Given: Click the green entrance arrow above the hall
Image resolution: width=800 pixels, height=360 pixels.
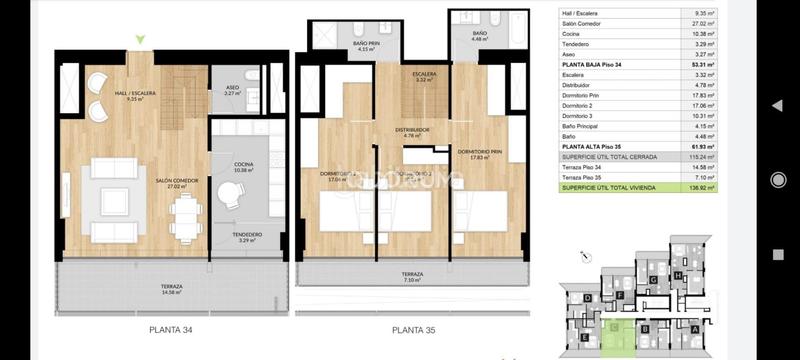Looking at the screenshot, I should tap(140, 40).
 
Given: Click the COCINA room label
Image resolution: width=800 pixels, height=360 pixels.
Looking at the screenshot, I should tap(242, 168).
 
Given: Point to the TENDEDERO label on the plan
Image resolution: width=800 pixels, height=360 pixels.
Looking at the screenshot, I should tap(247, 237).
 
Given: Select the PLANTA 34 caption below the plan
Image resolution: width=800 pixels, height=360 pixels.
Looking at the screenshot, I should tap(172, 330).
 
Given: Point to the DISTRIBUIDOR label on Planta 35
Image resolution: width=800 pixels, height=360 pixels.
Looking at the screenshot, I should tap(411, 131).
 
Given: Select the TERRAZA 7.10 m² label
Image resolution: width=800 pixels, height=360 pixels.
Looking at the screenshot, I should tap(412, 276).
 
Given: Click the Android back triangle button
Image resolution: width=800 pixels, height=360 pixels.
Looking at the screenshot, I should tap(777, 105).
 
